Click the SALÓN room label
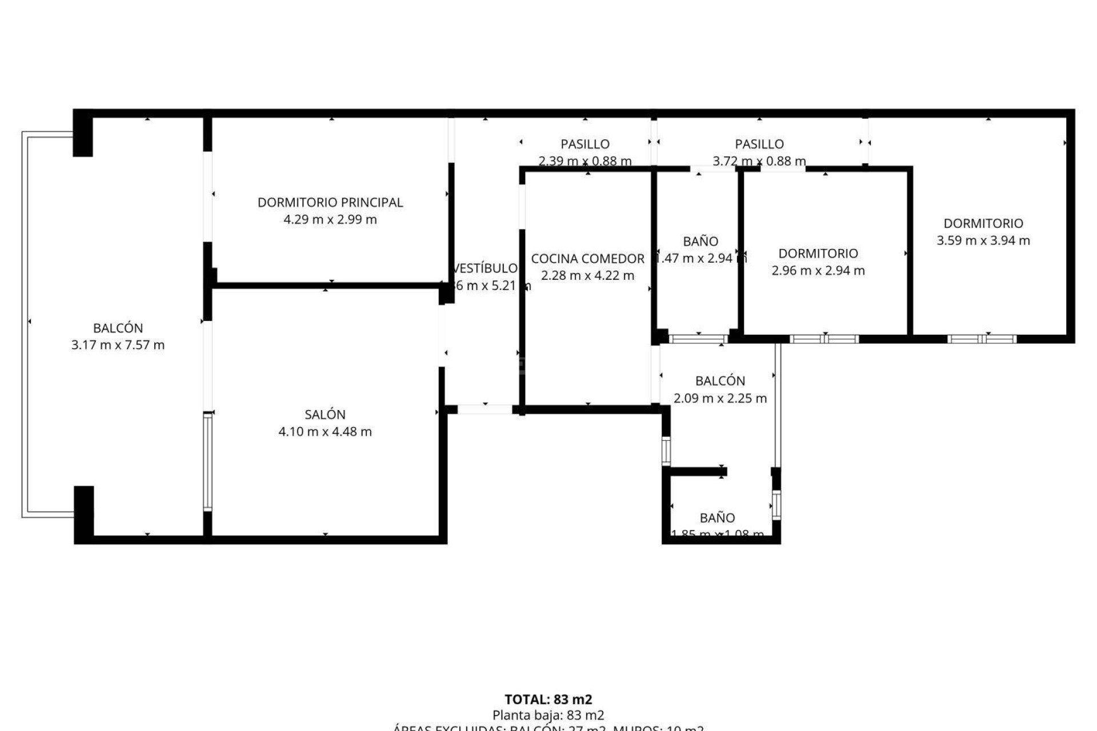click(x=325, y=415)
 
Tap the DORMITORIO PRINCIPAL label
click(x=330, y=202)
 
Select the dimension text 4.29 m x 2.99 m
click(x=330, y=219)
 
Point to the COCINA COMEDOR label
click(x=587, y=259)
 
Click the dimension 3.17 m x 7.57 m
click(x=118, y=345)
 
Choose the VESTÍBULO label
click(x=485, y=268)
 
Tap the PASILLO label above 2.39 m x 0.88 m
click(x=584, y=144)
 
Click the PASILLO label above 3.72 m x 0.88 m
click(x=759, y=144)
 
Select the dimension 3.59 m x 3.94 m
click(x=983, y=240)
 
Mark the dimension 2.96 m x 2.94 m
click(x=818, y=271)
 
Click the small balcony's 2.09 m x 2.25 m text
click(x=720, y=398)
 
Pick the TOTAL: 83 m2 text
click(x=548, y=699)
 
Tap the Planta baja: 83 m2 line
click(x=548, y=715)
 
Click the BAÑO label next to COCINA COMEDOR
click(x=700, y=241)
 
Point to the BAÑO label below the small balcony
click(x=717, y=518)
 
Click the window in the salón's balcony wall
click(x=207, y=461)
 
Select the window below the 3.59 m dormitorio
click(x=982, y=339)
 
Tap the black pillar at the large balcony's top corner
click(x=83, y=133)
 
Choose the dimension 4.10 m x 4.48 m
click(x=325, y=432)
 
